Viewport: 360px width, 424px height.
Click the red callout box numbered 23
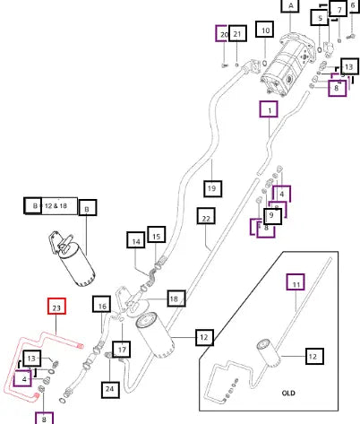(x=56, y=307)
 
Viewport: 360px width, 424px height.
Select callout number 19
(x=213, y=188)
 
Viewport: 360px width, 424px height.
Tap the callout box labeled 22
(x=206, y=216)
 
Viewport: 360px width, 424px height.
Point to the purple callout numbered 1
(x=269, y=109)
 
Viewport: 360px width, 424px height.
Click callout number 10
(x=265, y=30)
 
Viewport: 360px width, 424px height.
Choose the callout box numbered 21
(x=237, y=33)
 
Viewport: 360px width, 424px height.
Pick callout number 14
(x=136, y=240)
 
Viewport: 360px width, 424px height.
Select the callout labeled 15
(x=157, y=235)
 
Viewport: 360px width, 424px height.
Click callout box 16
(x=102, y=305)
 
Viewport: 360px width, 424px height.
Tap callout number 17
(x=122, y=350)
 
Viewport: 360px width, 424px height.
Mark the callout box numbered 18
(x=176, y=299)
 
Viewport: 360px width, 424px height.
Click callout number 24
(x=110, y=389)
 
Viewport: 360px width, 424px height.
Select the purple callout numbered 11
(x=296, y=281)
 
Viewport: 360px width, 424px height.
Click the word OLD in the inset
(x=288, y=393)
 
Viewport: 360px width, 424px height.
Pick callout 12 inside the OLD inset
(x=315, y=356)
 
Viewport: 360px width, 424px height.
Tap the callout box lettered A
(x=290, y=6)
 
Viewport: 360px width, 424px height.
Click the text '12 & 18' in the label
(x=56, y=206)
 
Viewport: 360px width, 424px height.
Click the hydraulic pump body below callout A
(x=288, y=65)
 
